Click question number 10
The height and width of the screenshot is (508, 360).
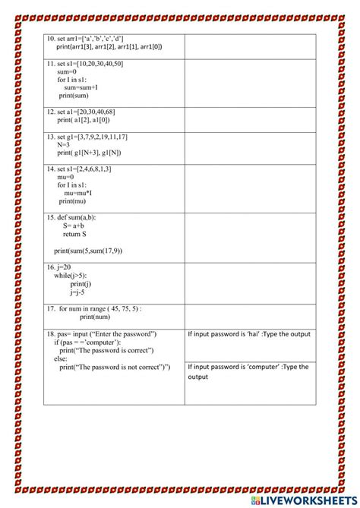[x=51, y=39]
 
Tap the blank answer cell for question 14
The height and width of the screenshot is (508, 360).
[x=249, y=188]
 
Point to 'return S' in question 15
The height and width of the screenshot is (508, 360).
[x=74, y=235]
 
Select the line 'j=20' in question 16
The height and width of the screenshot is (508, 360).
[x=62, y=267]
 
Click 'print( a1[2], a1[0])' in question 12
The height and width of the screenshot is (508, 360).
[x=88, y=120]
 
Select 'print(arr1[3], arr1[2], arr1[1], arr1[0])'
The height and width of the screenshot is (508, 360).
[x=109, y=46]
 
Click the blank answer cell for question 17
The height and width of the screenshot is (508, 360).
[x=249, y=314]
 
